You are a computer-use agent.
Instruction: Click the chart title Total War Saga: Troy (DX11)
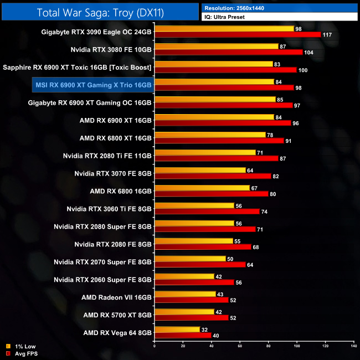point(100,12)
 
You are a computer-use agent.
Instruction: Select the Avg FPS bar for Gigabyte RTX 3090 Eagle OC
point(238,35)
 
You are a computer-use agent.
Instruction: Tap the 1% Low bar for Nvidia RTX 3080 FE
point(217,46)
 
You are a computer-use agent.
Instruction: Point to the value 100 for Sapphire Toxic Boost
point(302,70)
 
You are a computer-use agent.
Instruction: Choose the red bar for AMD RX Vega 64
point(183,335)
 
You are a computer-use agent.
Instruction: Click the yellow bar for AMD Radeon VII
point(185,294)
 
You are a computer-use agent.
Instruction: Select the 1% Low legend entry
point(24,346)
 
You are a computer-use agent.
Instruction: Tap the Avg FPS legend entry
point(25,353)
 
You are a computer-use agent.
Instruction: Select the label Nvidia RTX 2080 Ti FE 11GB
point(107,156)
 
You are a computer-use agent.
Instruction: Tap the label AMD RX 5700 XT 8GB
point(117,315)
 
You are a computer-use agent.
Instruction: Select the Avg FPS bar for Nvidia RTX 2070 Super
point(200,264)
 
